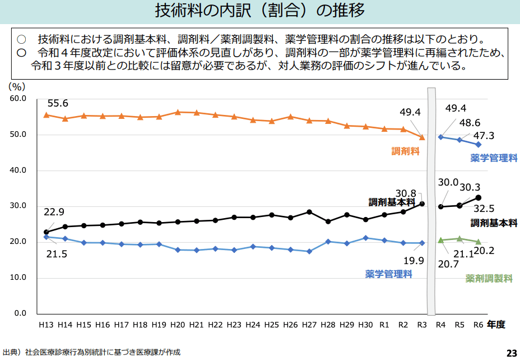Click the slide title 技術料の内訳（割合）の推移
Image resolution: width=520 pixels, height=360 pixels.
coord(259,11)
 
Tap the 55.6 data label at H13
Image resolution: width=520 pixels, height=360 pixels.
coord(58,103)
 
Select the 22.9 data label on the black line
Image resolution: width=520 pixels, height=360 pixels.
coord(54,212)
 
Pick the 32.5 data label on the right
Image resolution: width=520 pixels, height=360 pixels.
coord(483,209)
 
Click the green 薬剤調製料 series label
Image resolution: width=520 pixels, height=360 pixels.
coord(489,278)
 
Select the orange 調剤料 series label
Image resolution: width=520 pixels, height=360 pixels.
coord(406,151)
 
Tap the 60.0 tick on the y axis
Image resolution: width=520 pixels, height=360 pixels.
coord(18,99)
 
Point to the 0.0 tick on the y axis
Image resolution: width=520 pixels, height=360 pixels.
coord(20,313)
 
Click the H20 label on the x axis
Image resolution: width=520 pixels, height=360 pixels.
coord(178,325)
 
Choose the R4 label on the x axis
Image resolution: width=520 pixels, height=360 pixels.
coord(440,325)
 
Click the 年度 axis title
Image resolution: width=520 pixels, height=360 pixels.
coord(496,324)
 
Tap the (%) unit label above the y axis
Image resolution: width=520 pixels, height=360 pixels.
coord(17,86)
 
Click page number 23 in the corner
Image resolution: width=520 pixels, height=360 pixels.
coord(512,353)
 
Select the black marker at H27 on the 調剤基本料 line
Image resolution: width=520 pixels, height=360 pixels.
coord(309,212)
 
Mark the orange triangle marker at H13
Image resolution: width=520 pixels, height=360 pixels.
coord(47,115)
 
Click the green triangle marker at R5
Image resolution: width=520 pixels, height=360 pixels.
coord(459,239)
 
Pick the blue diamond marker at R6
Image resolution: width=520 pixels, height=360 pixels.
coord(478,144)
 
